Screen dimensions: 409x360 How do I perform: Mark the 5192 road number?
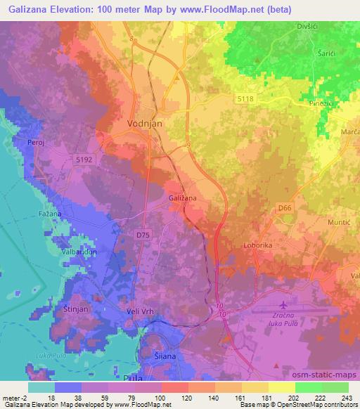(84, 160)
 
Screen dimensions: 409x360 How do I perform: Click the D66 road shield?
(284, 209)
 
